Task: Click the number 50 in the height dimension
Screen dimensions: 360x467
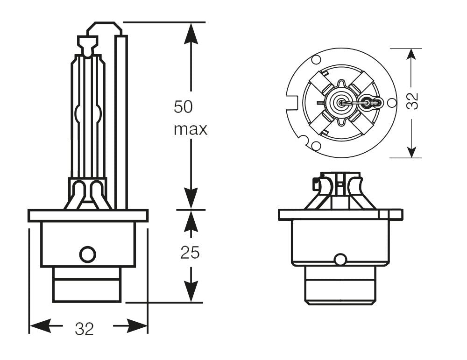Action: click(x=183, y=107)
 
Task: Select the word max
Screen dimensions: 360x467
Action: click(x=190, y=129)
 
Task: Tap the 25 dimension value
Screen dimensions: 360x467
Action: click(x=190, y=253)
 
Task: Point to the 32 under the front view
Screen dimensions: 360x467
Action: click(x=85, y=329)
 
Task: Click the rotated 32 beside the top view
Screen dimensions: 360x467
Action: click(x=412, y=101)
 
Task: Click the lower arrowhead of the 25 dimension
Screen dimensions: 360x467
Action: click(x=191, y=292)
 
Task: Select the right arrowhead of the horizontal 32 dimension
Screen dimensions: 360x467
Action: click(x=137, y=325)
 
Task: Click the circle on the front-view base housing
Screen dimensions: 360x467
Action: click(x=87, y=254)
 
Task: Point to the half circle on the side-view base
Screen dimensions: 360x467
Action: click(x=341, y=260)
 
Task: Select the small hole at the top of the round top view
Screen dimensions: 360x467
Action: click(x=316, y=60)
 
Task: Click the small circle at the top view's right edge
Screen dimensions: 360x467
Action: click(x=391, y=102)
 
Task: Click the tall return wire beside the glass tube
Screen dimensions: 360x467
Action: click(x=121, y=121)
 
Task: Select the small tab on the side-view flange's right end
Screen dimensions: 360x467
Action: click(x=396, y=214)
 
